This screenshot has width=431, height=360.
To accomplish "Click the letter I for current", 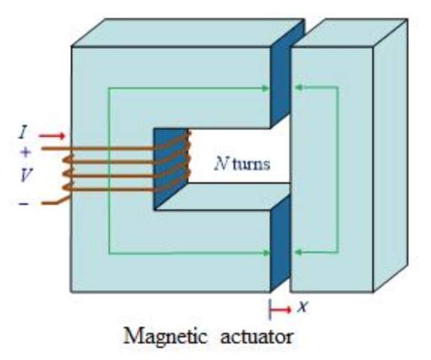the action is (x=23, y=133).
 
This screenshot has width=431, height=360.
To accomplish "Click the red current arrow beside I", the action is (x=52, y=136).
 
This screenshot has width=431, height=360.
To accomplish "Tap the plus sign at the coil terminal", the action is (x=26, y=152).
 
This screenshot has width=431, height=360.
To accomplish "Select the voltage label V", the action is (x=26, y=175).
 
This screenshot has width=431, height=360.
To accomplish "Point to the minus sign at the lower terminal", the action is (x=23, y=203).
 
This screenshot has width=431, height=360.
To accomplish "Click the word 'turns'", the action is (x=251, y=164).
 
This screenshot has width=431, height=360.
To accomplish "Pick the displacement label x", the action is (x=302, y=306).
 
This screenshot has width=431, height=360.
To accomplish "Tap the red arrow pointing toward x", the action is (x=280, y=310).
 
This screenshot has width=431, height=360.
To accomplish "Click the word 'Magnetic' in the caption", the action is (x=165, y=336).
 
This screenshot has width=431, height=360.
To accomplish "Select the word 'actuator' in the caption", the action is (x=256, y=337).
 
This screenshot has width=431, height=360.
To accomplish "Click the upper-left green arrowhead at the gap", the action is (x=265, y=88).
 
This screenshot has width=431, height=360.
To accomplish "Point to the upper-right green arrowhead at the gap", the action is (x=298, y=87).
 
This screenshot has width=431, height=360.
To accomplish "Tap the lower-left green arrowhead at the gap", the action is (x=265, y=253).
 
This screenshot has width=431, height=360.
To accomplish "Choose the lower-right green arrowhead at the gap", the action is (x=298, y=252).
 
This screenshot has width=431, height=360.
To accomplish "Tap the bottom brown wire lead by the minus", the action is (x=55, y=201).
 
